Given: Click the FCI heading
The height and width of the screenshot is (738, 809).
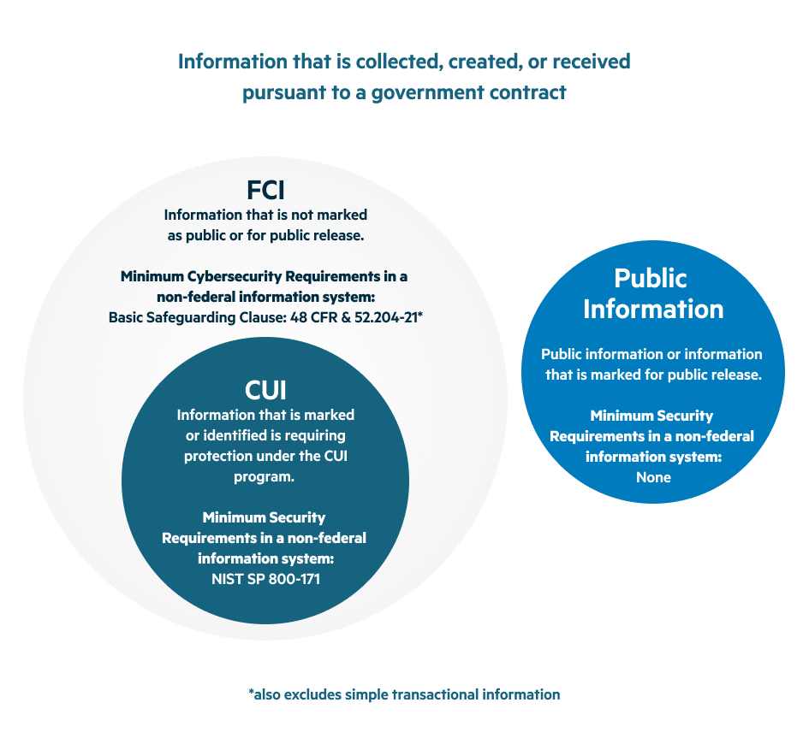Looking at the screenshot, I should (x=265, y=190).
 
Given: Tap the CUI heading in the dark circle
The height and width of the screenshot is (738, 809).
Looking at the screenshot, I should (x=265, y=390).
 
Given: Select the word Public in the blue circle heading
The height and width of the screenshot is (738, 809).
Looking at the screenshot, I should (x=651, y=278).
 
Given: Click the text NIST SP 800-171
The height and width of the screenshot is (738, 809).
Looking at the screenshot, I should (x=265, y=579).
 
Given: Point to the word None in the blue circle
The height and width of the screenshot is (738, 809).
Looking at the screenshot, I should (x=653, y=477).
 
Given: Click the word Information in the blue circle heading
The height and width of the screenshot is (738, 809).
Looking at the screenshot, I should (x=653, y=308).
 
